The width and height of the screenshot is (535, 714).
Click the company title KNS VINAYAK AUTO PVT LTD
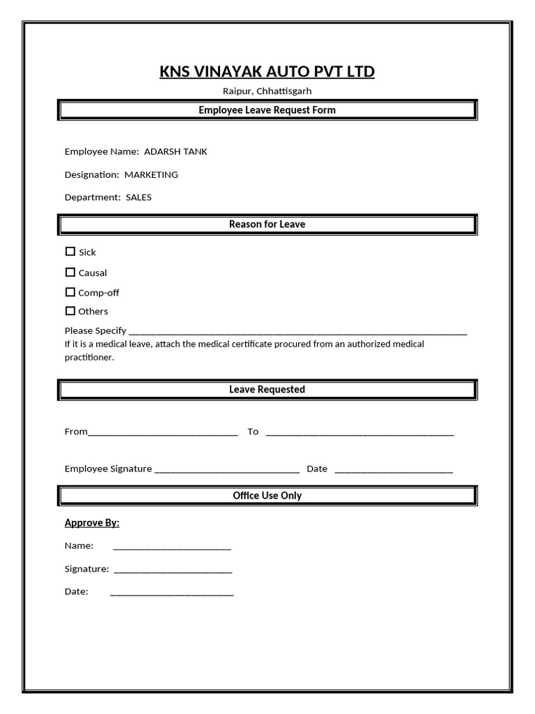pos(267,72)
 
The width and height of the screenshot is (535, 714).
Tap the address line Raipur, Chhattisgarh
pos(267,91)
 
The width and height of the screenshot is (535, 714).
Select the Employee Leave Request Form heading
pos(267,110)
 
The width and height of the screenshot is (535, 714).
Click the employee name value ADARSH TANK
pos(175,151)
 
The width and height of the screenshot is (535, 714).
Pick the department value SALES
pos(139,197)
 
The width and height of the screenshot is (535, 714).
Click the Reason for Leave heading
pos(267,225)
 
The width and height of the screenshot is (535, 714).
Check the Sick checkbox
pos(70,252)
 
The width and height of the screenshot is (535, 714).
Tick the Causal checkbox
pos(70,273)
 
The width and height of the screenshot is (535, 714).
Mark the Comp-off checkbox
pos(70,292)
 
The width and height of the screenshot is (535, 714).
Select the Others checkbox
pos(70,311)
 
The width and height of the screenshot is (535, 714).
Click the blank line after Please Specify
pos(298,332)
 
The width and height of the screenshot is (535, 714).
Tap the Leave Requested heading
pos(267,390)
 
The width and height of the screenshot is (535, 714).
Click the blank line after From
pos(163,432)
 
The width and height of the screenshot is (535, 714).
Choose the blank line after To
pos(359,432)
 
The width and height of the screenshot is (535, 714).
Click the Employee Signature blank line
pos(227,470)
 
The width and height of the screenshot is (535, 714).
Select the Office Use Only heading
pos(267,496)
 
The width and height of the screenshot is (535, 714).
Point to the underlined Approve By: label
pos(92,523)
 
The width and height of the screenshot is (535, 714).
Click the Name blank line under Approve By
pos(172,547)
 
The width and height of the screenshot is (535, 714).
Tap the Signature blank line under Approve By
pos(173,570)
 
